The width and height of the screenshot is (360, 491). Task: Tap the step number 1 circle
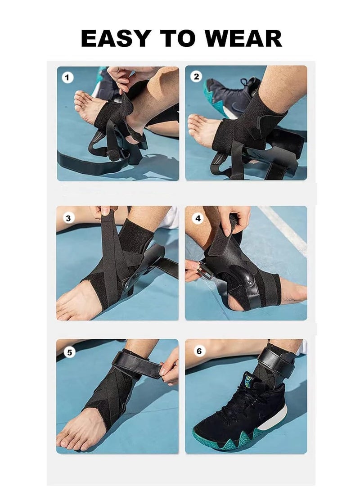tap(67, 78)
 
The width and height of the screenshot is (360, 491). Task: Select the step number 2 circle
tap(196, 77)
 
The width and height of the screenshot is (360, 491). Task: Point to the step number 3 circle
tap(68, 218)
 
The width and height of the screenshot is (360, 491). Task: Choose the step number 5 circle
tap(69, 352)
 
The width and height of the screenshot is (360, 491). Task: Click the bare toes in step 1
tap(81, 101)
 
